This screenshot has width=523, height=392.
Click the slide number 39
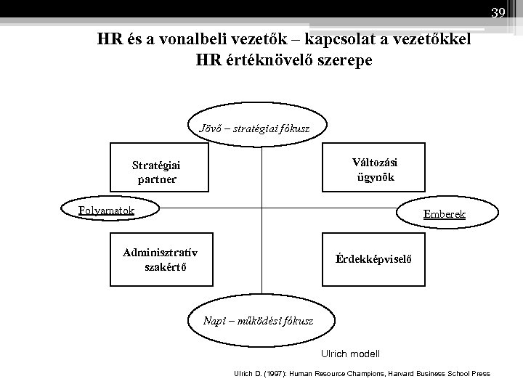click(498, 12)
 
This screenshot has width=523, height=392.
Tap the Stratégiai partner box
click(157, 171)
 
